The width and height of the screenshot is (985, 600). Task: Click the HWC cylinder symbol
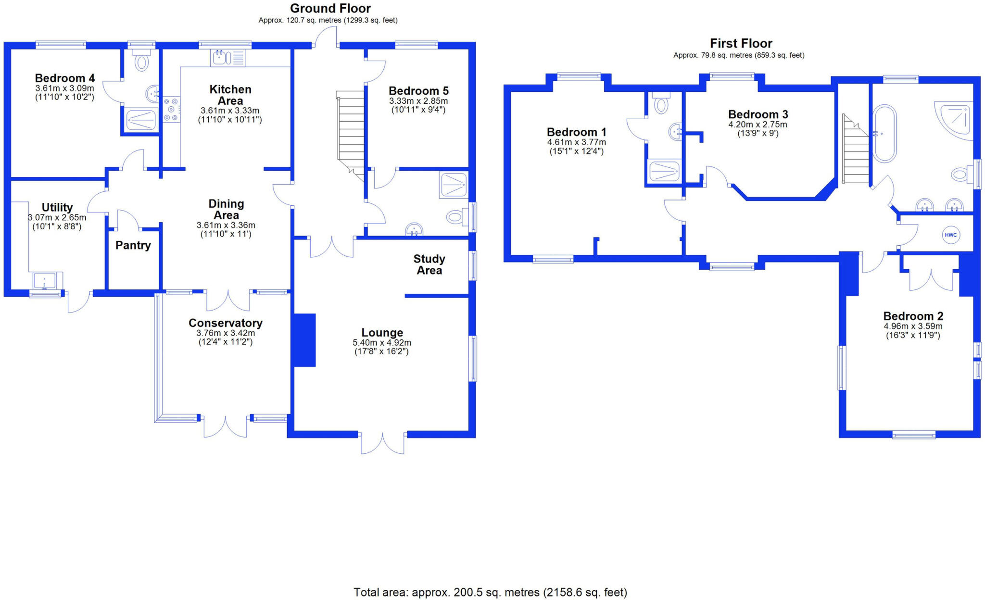pyautogui.click(x=950, y=235)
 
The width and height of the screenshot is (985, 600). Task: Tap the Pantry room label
pyautogui.click(x=133, y=245)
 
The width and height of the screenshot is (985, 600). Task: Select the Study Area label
pyautogui.click(x=429, y=264)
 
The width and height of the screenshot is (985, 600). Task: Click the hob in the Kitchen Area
pyautogui.click(x=171, y=110)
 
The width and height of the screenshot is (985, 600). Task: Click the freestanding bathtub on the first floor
pyautogui.click(x=884, y=133)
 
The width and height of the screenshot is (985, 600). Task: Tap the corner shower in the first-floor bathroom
pyautogui.click(x=953, y=120)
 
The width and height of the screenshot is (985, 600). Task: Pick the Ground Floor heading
pyautogui.click(x=330, y=8)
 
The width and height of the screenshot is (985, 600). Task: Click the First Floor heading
pyautogui.click(x=741, y=43)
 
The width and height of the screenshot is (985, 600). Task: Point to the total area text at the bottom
pyautogui.click(x=491, y=592)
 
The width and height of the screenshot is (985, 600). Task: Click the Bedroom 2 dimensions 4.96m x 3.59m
pyautogui.click(x=913, y=326)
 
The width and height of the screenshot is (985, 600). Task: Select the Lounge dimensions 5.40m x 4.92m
pyautogui.click(x=382, y=343)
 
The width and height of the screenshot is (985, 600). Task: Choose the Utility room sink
pyautogui.click(x=45, y=281)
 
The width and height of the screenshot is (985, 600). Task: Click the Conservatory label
pyautogui.click(x=226, y=323)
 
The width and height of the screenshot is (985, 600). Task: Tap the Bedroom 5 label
pyautogui.click(x=418, y=91)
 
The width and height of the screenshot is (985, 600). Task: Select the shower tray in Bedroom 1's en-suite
pyautogui.click(x=664, y=171)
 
